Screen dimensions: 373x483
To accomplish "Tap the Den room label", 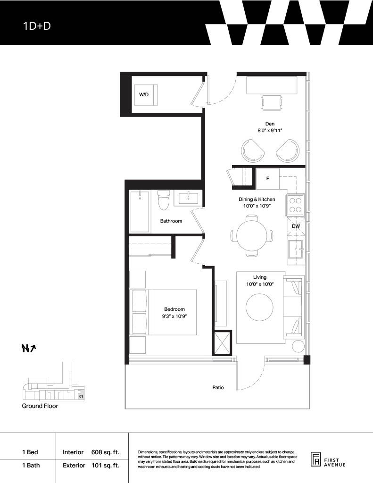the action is point(270,124).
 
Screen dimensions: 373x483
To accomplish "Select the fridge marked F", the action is point(268,178).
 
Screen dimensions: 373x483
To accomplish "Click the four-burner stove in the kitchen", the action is point(296,205).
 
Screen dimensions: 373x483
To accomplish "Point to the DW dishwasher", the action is point(296,226).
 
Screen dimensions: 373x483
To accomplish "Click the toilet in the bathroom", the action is point(164,200).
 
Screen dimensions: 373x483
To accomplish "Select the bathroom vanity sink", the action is point(188,198).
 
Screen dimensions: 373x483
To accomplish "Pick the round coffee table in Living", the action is point(260,308).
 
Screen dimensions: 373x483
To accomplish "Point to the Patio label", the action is point(218,388).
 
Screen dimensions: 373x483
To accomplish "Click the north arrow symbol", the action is point(29,348).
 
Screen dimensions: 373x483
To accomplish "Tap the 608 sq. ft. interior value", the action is point(105,452).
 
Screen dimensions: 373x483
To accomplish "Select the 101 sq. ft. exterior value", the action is point(105,465).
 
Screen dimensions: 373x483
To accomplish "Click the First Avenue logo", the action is point(328,460).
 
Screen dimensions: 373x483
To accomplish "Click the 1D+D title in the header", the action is point(37,26).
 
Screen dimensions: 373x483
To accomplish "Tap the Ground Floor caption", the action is point(40,406).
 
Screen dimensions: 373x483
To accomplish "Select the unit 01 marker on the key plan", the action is point(81,396).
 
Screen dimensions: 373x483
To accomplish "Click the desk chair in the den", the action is point(271,102).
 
